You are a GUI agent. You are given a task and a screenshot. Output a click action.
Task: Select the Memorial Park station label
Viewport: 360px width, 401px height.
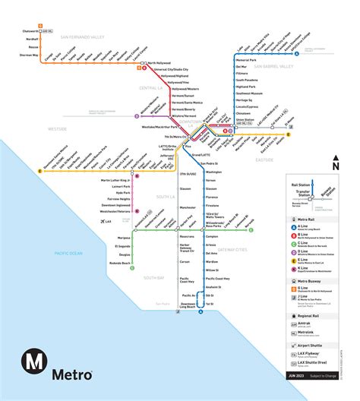click(x=247, y=59)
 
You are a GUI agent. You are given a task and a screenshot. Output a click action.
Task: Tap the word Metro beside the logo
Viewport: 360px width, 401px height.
click(x=72, y=374)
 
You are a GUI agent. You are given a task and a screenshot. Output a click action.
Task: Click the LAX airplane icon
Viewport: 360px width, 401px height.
click(x=102, y=221)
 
